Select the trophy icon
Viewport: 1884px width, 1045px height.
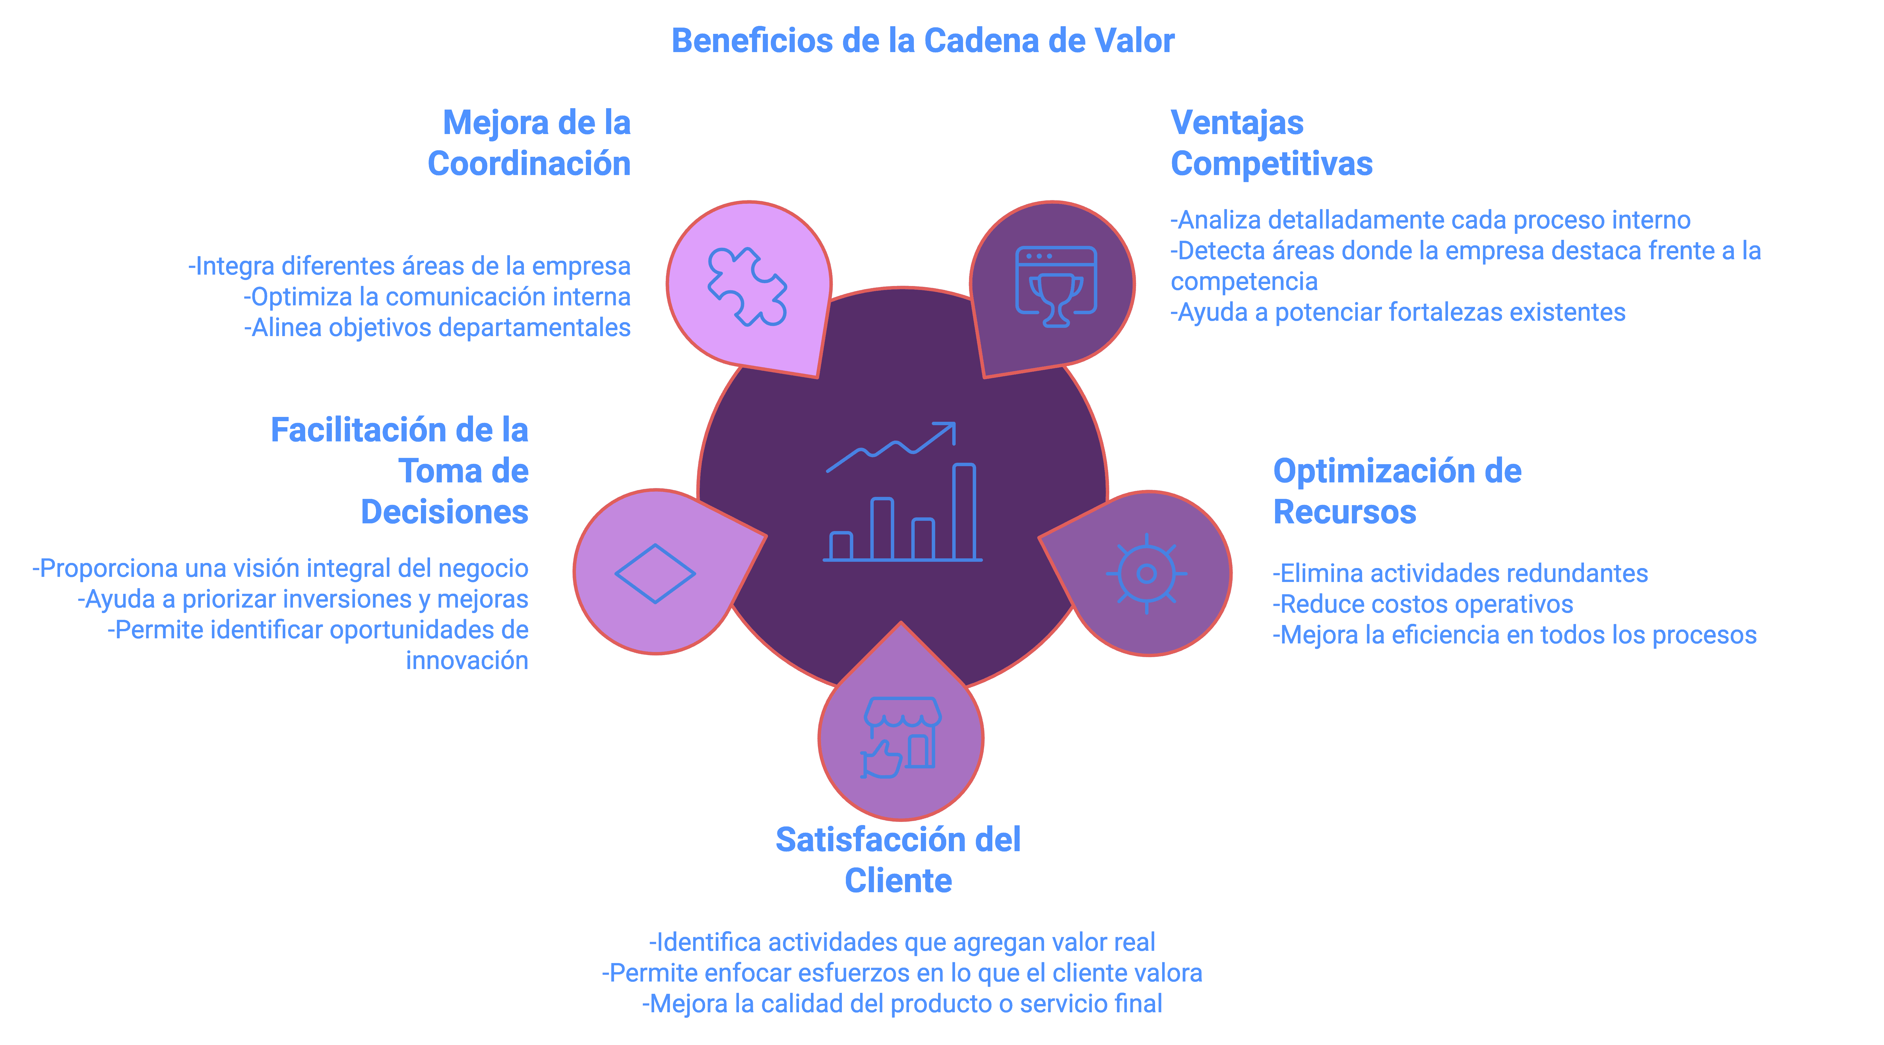1055,286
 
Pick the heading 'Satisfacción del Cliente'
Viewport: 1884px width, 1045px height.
898,860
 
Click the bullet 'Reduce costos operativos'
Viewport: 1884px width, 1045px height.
1422,604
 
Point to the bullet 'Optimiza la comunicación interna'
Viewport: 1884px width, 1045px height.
437,297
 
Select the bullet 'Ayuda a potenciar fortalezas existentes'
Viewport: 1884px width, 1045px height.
1398,312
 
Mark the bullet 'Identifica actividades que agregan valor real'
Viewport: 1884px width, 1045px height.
902,943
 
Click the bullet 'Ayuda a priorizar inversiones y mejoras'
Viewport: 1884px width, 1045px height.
303,599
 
